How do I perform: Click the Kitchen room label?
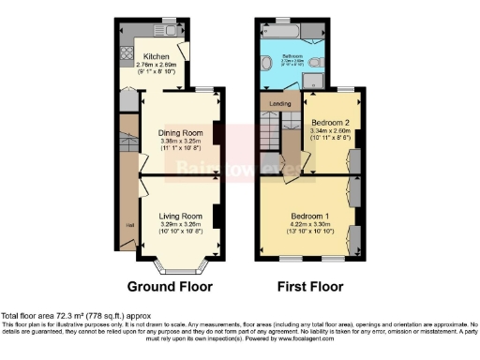click(155, 55)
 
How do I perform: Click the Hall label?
click(130, 224)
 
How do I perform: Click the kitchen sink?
click(171, 31)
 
